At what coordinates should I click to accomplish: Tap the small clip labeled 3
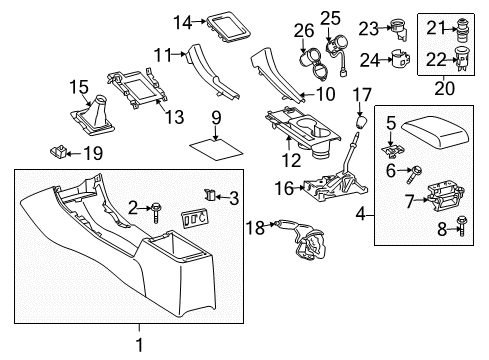click(x=209, y=193)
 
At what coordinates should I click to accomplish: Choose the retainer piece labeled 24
click(x=402, y=59)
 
